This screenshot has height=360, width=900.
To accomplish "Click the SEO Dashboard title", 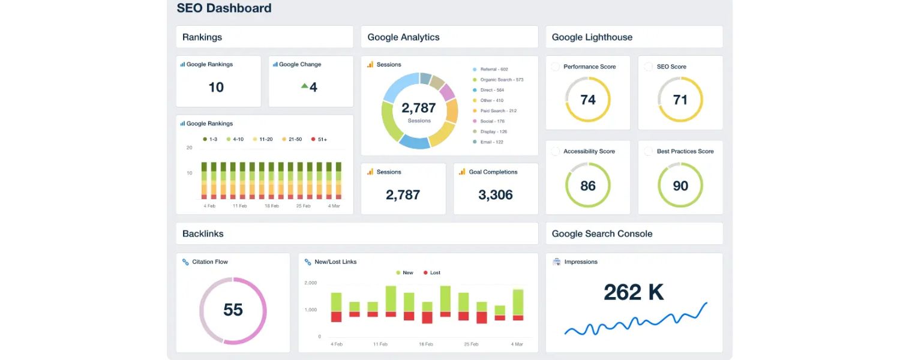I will pos(224,8).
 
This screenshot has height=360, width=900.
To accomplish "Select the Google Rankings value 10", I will pos(216,88).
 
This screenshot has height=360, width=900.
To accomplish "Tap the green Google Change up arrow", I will pos(305,86).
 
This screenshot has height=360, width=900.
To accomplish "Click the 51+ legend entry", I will pos(319,139).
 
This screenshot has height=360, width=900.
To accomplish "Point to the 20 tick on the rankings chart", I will pos(190,148).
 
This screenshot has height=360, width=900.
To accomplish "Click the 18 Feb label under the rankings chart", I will pos(272,206).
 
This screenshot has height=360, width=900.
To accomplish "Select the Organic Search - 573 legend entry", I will pos(502,80).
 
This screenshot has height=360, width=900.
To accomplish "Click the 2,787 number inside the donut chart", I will pos(419,108).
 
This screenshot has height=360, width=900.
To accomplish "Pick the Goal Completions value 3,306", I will pos(496,194).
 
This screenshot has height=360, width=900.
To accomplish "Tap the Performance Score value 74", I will pos(588,100).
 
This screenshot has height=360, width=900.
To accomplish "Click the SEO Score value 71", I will pos(680,100).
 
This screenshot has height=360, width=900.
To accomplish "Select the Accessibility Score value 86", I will pos(588,185).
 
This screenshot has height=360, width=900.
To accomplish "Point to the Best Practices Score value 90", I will pos(680,185).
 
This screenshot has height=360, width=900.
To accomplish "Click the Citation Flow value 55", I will pos(233,310).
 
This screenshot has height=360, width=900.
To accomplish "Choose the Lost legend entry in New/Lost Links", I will pos(432,273).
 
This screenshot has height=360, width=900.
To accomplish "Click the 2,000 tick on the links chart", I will pos(311,283).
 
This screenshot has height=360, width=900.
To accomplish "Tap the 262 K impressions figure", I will pos(634,292).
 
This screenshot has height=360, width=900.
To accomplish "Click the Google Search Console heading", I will pos(602,234).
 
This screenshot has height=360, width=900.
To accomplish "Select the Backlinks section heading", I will pos(203,234).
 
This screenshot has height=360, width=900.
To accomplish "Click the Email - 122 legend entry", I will pos(491,142).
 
